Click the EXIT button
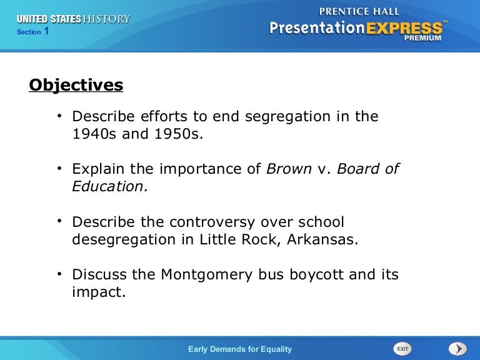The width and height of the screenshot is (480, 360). (x=402, y=349)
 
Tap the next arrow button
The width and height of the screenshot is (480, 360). (x=457, y=349)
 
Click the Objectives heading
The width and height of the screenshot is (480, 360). (x=76, y=85)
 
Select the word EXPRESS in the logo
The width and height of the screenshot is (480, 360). (x=404, y=28)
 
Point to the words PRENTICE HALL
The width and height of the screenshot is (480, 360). (x=359, y=12)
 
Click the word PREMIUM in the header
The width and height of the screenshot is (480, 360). (x=422, y=38)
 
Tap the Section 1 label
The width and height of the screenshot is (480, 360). (x=32, y=31)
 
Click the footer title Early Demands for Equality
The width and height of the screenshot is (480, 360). (x=240, y=349)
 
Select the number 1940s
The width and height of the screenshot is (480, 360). (x=94, y=134)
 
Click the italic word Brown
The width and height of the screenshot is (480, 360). (x=289, y=169)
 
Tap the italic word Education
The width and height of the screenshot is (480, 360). (x=110, y=186)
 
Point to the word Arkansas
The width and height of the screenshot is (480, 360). (x=322, y=239)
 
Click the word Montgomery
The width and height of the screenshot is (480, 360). (x=207, y=275)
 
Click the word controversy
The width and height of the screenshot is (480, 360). (x=212, y=222)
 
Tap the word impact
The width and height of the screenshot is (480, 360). (x=99, y=292)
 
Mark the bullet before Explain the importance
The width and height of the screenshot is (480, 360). (x=59, y=167)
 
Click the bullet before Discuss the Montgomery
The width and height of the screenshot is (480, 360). (x=59, y=273)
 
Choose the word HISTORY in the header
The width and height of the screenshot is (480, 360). (x=107, y=19)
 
